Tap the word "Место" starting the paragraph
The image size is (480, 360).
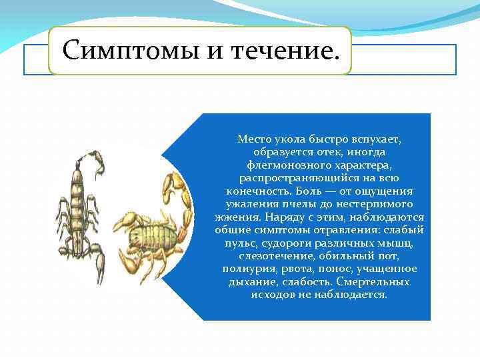(x=253, y=139)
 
